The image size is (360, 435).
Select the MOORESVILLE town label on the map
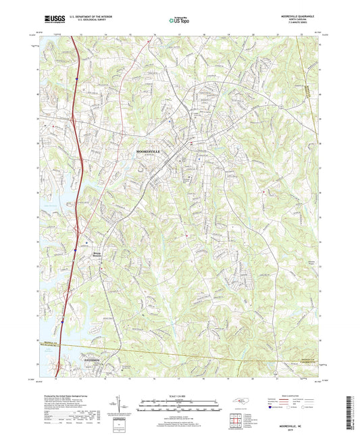point(149,152)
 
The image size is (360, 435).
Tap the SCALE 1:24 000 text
point(180,396)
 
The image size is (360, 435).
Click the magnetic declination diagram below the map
point(122,405)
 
